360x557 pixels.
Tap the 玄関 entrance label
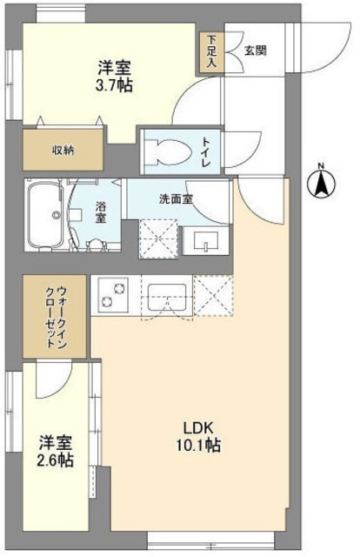pyautogui.click(x=255, y=50)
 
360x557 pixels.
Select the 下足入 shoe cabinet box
pyautogui.click(x=211, y=54)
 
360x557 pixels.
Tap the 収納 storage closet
pyautogui.click(x=61, y=150)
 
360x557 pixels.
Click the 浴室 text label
pyautogui.click(x=101, y=211)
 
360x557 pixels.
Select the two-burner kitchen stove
pyautogui.click(x=110, y=295)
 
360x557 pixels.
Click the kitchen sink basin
pyautogui.click(x=168, y=298)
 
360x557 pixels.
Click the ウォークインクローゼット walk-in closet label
pyautogui.click(x=54, y=314)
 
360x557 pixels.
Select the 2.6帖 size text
pyautogui.click(x=55, y=460)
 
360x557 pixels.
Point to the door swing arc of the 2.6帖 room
pyautogui.click(x=54, y=379)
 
